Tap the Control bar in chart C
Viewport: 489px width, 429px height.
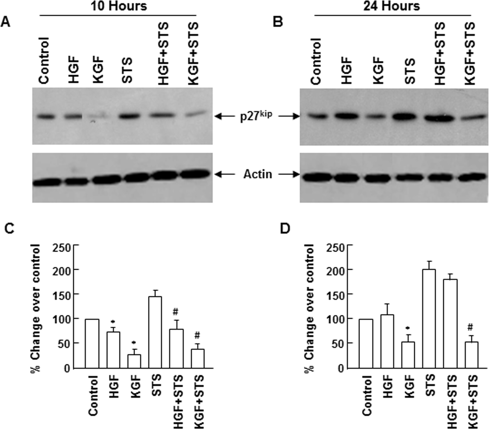[92, 344]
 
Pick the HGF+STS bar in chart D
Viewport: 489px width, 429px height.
[450, 324]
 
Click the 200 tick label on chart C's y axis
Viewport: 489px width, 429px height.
[63, 270]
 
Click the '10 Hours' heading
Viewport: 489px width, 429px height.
[119, 6]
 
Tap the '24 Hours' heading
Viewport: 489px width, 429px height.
[391, 6]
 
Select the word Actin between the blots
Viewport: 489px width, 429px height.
[258, 174]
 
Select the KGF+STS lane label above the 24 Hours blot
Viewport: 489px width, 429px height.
[469, 53]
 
